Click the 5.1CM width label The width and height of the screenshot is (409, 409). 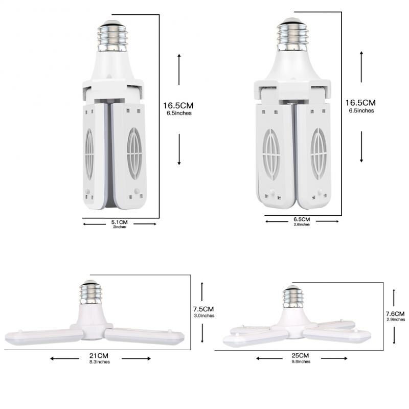[x=119, y=222]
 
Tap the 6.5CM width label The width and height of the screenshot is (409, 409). [x=302, y=220]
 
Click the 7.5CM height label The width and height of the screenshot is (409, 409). [x=203, y=309]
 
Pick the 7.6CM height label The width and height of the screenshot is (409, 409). [x=395, y=313]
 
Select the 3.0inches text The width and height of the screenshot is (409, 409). [x=203, y=315]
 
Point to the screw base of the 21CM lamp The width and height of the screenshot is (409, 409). [x=91, y=294]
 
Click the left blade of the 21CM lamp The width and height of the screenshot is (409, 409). [x=41, y=336]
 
